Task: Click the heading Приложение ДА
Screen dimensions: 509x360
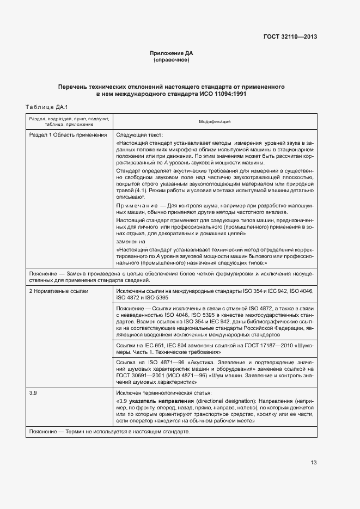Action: coord(172,53)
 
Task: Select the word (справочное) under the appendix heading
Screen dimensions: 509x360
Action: coord(172,60)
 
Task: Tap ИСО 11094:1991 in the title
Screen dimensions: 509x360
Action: coord(223,94)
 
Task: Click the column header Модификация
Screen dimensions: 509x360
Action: coord(215,121)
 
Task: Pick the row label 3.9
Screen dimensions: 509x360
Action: coord(33,392)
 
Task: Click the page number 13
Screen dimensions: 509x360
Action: coord(313,463)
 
